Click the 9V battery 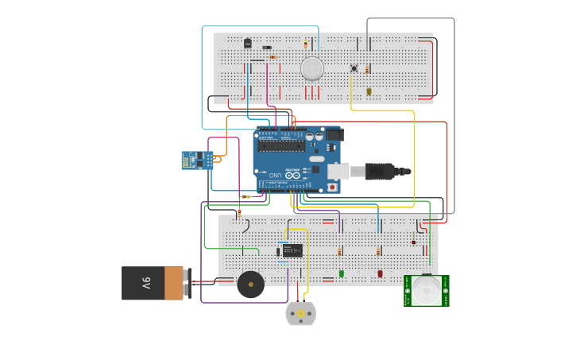click(153, 283)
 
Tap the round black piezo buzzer click(250, 284)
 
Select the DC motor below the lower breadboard click(300, 314)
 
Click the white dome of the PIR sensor click(427, 290)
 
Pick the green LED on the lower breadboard click(342, 273)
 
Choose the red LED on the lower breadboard click(380, 273)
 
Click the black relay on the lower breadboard click(292, 250)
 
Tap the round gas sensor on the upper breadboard click(312, 68)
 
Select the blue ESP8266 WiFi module click(196, 160)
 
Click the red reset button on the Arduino click(331, 188)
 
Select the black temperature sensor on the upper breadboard click(247, 43)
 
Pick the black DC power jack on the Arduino click(334, 135)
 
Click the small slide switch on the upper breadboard click(267, 48)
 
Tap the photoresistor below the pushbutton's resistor click(369, 91)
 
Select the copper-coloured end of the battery click(174, 283)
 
